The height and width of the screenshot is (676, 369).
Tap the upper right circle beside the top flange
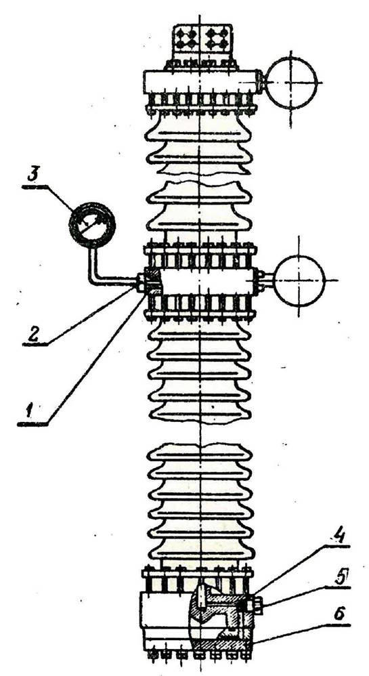[x=292, y=83]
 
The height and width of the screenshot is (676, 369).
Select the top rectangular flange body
[x=201, y=82]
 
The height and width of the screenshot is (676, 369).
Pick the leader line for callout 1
[x=95, y=359]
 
